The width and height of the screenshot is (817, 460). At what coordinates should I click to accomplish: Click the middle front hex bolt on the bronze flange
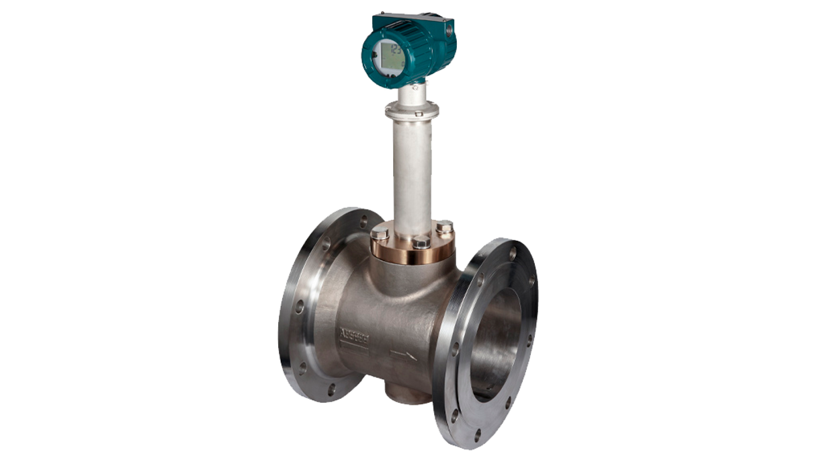[421, 241]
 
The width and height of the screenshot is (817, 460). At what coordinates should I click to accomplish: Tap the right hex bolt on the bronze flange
[444, 228]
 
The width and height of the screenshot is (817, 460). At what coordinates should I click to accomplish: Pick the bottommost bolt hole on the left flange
[331, 387]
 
